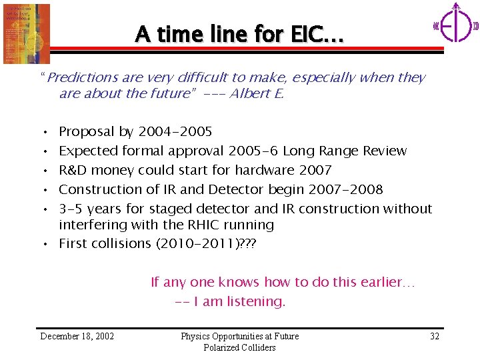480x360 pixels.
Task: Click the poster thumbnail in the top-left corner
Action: pos(27,33)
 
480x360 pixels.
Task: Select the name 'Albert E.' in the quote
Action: pos(257,93)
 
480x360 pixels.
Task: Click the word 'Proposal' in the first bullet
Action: pos(87,131)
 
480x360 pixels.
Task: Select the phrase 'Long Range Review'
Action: pos(345,151)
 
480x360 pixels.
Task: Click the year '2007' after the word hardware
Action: pos(315,170)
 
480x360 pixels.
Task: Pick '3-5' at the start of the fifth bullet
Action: pos(70,209)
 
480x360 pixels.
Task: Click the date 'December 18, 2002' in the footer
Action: pos(77,336)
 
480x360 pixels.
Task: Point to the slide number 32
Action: pos(434,336)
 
